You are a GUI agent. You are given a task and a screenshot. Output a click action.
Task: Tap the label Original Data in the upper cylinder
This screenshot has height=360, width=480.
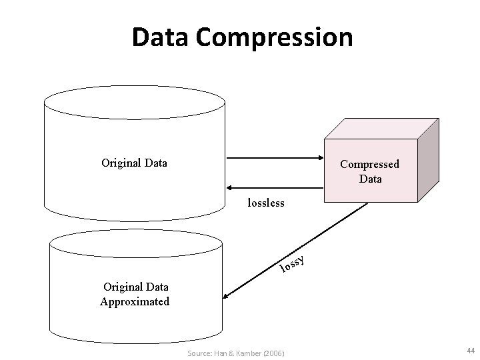coord(134,162)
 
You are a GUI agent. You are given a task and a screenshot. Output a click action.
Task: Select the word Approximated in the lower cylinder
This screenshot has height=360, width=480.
coord(135,301)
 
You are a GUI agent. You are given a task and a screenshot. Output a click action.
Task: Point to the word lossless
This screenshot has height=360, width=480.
coord(266,202)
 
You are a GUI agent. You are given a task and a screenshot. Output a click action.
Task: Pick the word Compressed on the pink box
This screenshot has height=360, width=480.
coord(369,164)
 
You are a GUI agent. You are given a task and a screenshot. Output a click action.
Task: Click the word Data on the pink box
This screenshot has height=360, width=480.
coord(370,178)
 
